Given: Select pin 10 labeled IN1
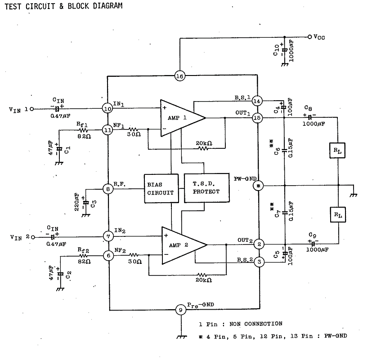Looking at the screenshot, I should click(x=108, y=108).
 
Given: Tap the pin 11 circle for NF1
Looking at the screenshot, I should click(x=108, y=130).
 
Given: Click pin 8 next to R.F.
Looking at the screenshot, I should click(x=108, y=189).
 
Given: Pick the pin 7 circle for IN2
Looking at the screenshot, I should click(x=108, y=236).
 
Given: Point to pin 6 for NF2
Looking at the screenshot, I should click(x=108, y=255).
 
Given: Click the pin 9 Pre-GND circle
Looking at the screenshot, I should click(x=180, y=310).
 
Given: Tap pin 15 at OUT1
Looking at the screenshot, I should click(x=257, y=118).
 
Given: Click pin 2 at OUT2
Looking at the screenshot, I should click(x=259, y=244).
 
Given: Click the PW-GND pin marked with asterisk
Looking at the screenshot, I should click(x=258, y=185).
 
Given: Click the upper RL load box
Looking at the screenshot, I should click(x=338, y=151).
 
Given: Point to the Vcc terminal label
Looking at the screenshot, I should click(x=319, y=37).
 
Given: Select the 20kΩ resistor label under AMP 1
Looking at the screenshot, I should click(x=203, y=143).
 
